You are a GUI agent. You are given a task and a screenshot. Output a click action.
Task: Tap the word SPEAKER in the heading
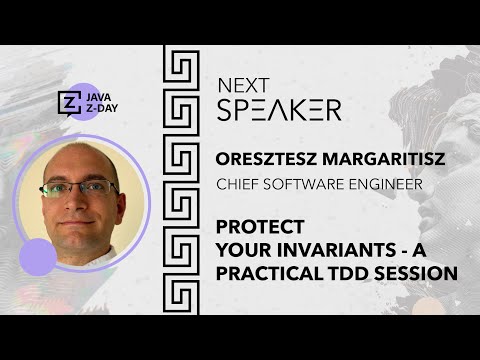278,109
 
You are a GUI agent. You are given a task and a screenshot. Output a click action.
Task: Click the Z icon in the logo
69,104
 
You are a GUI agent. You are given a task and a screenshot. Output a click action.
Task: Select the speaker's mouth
89,217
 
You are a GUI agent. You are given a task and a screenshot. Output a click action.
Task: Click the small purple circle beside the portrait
37,256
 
